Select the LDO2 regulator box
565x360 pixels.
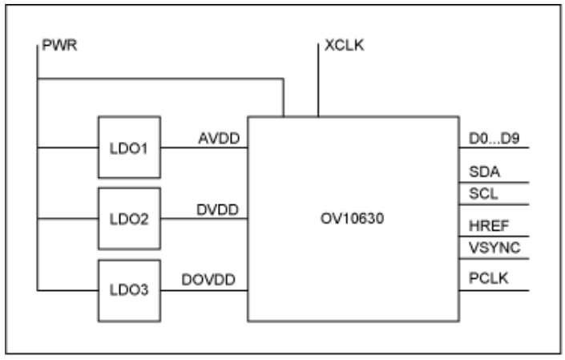click(128, 218)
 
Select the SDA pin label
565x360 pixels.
click(485, 172)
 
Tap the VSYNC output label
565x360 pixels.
click(494, 249)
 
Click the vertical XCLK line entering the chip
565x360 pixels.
click(318, 88)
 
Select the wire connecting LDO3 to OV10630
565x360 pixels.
click(204, 289)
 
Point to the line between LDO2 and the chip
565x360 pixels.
click(204, 218)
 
